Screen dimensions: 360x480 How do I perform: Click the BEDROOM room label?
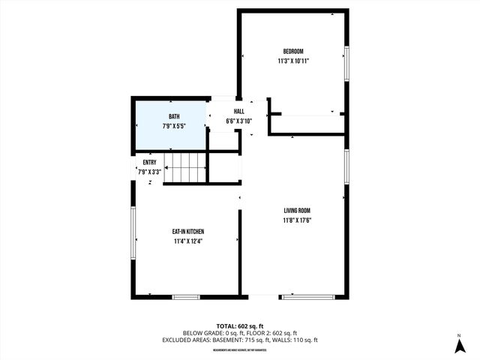(x=292, y=51)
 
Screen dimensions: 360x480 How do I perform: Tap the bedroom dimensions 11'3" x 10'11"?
(x=292, y=61)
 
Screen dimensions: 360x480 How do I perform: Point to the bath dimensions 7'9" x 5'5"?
(x=174, y=126)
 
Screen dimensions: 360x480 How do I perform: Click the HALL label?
(x=238, y=112)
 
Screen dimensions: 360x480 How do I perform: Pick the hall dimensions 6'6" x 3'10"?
(x=238, y=121)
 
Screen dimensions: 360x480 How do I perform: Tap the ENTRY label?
(x=149, y=162)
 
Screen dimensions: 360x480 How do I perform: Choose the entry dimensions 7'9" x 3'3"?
(x=149, y=172)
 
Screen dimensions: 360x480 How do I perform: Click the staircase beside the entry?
(x=184, y=166)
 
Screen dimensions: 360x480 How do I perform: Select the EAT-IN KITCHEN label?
(x=188, y=232)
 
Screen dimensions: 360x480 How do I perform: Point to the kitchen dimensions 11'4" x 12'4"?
(x=188, y=241)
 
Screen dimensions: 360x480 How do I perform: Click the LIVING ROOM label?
(x=297, y=211)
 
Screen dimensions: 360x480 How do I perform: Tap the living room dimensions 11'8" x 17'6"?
(x=297, y=220)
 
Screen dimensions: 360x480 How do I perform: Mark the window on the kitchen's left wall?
(x=133, y=235)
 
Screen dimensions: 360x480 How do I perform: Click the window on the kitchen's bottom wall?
(x=186, y=297)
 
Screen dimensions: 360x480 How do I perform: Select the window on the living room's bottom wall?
(x=307, y=297)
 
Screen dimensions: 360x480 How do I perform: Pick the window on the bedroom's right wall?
(x=346, y=64)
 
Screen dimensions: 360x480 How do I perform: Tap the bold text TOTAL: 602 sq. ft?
(x=239, y=325)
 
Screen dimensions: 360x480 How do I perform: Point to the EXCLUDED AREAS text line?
(x=239, y=340)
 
